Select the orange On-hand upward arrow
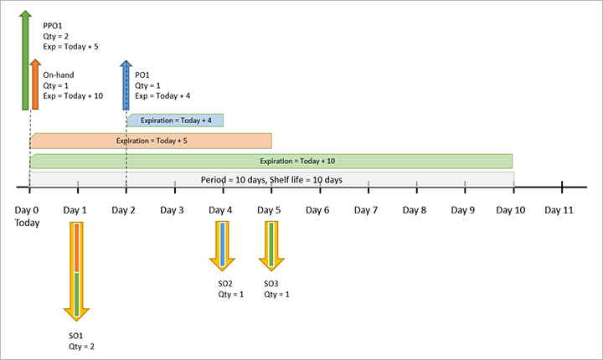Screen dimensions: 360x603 34,84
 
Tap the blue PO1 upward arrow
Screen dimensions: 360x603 126,84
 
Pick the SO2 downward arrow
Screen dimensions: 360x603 222,244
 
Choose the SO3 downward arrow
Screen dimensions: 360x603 271,244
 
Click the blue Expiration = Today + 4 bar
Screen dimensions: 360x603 175,121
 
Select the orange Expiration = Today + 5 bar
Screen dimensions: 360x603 151,140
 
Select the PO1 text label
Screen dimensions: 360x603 142,75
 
